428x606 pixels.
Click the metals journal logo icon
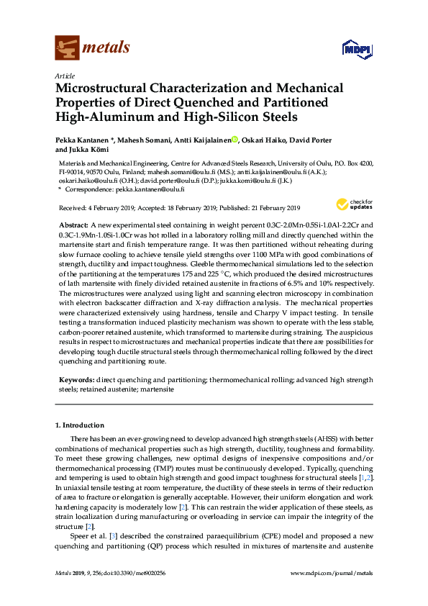[67, 48]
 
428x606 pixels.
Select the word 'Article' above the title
[65, 75]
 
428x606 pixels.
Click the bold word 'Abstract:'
[74, 225]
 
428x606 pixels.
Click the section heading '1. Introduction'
[83, 425]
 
